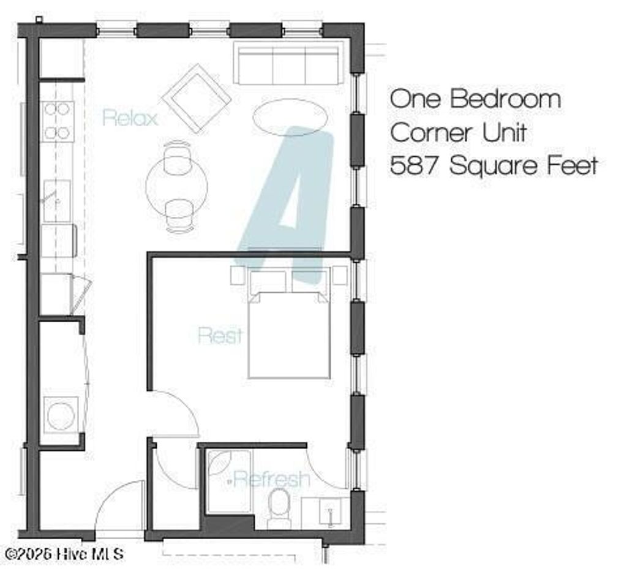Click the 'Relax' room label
[x=130, y=117]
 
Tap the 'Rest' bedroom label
[x=220, y=335]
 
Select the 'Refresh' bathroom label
[x=271, y=479]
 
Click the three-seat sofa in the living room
[x=288, y=65]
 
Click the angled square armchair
[x=197, y=98]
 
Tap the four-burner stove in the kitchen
[x=58, y=121]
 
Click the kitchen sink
[x=56, y=201]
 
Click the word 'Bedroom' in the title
[x=505, y=99]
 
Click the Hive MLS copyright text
[x=64, y=554]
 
